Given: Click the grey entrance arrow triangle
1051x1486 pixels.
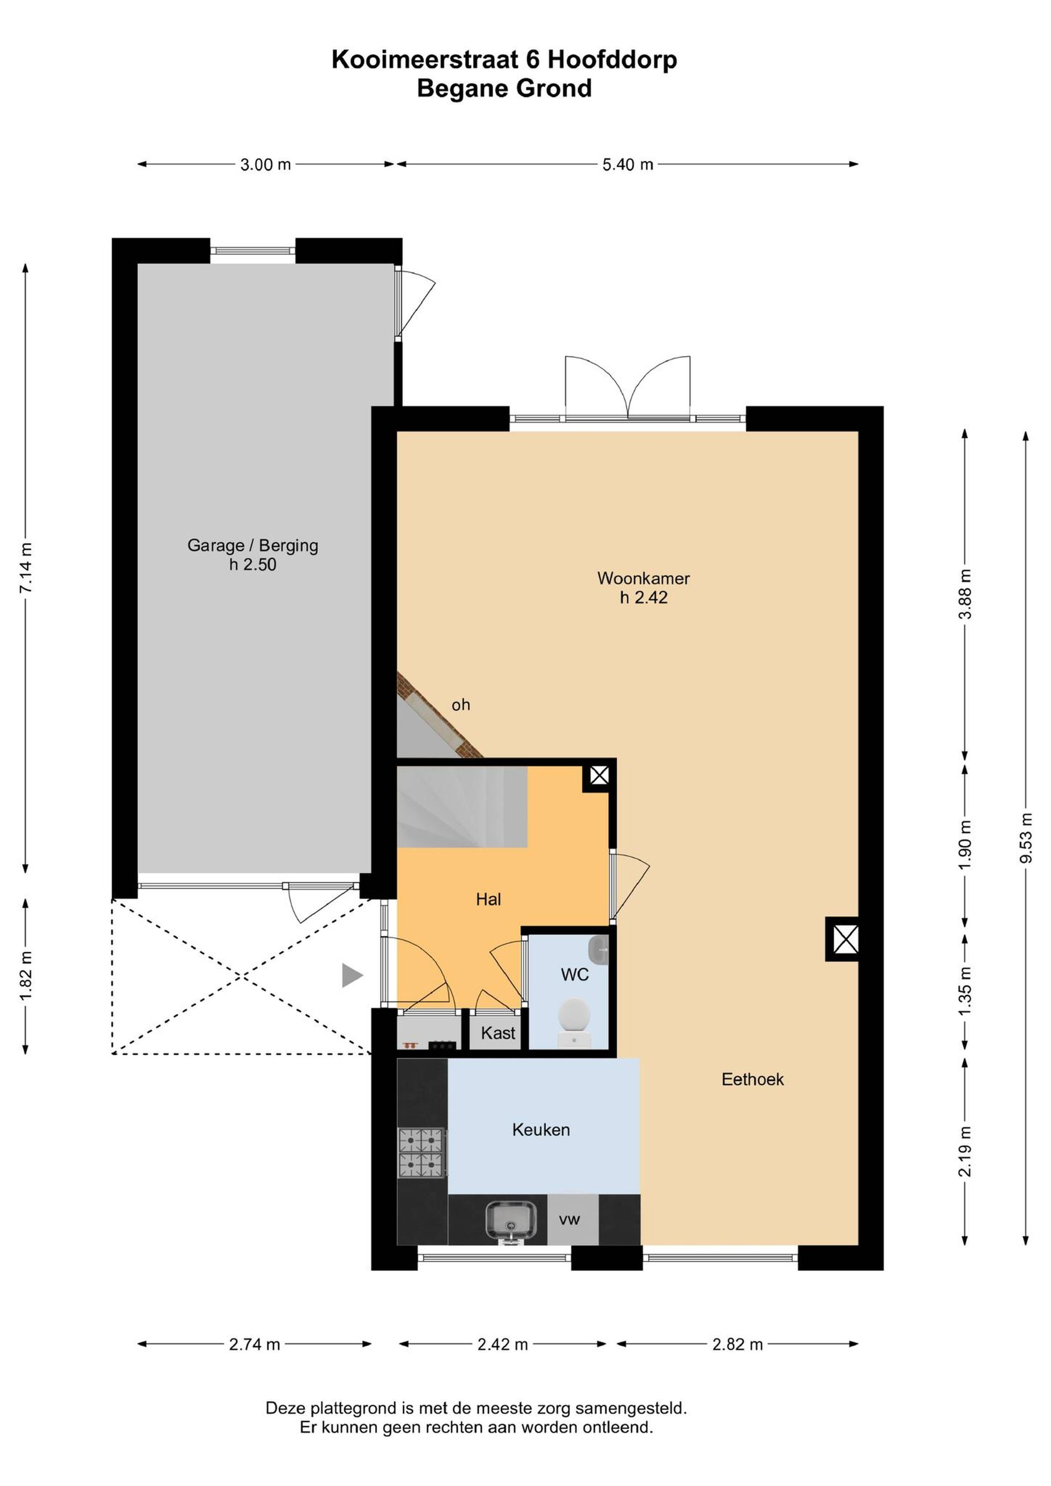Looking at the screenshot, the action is (x=352, y=975).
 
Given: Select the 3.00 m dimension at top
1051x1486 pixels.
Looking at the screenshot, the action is (x=265, y=164).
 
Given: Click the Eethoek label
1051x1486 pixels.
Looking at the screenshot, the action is (x=752, y=1080).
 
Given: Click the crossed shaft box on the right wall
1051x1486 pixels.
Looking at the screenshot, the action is (x=845, y=938).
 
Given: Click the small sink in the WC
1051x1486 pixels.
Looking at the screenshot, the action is (x=599, y=949).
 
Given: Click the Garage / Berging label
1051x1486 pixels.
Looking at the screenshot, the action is (x=253, y=546).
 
